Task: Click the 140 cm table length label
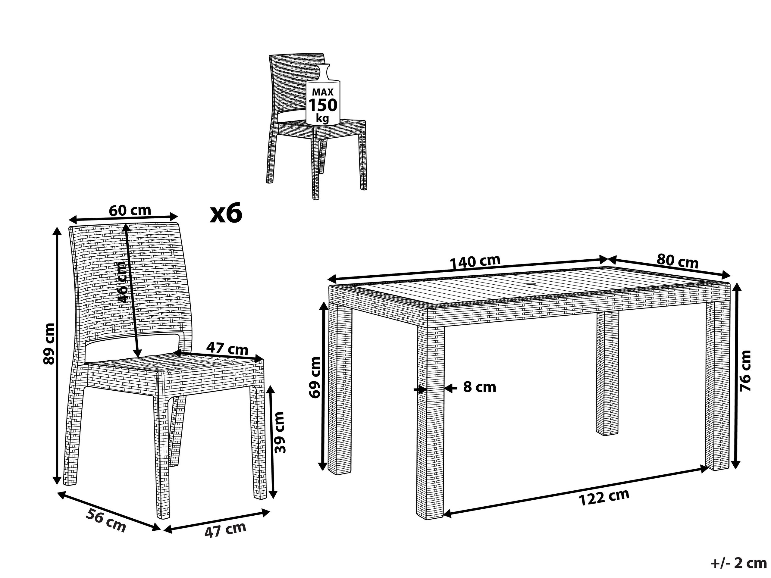coord(475,262)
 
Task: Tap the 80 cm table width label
coord(677,261)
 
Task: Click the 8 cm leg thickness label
coord(480,387)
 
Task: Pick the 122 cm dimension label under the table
coord(604,498)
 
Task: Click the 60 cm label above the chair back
coord(130,211)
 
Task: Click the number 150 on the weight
coord(323,105)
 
